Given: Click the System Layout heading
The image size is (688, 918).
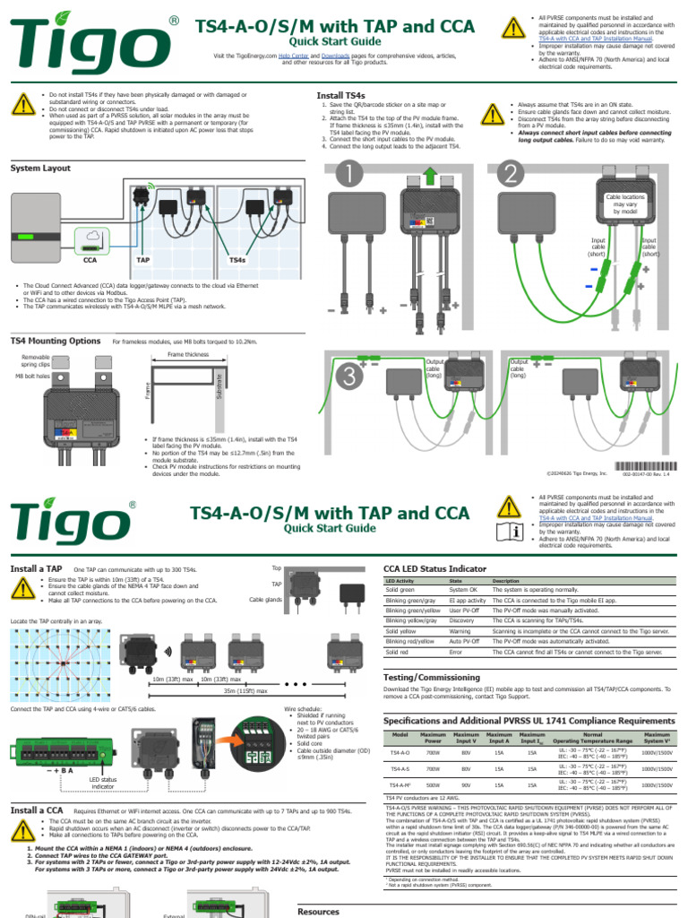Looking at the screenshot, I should [x=40, y=168].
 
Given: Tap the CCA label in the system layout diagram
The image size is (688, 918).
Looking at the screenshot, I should [x=90, y=260].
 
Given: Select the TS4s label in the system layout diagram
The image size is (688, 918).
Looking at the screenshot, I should [x=237, y=260].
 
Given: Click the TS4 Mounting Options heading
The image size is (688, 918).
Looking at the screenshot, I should [x=55, y=341].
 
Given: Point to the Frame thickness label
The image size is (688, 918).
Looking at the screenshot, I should [x=188, y=355].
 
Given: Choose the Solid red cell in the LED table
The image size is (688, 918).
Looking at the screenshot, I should [x=400, y=653].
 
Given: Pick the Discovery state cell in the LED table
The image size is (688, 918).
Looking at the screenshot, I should [x=462, y=620].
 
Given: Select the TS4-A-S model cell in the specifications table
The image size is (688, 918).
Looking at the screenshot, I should [x=400, y=769].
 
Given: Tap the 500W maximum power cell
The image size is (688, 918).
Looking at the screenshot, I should [x=434, y=784].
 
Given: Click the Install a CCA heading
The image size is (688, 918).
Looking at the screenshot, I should [x=37, y=810].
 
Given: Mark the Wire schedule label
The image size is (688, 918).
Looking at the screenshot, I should [x=303, y=708].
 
